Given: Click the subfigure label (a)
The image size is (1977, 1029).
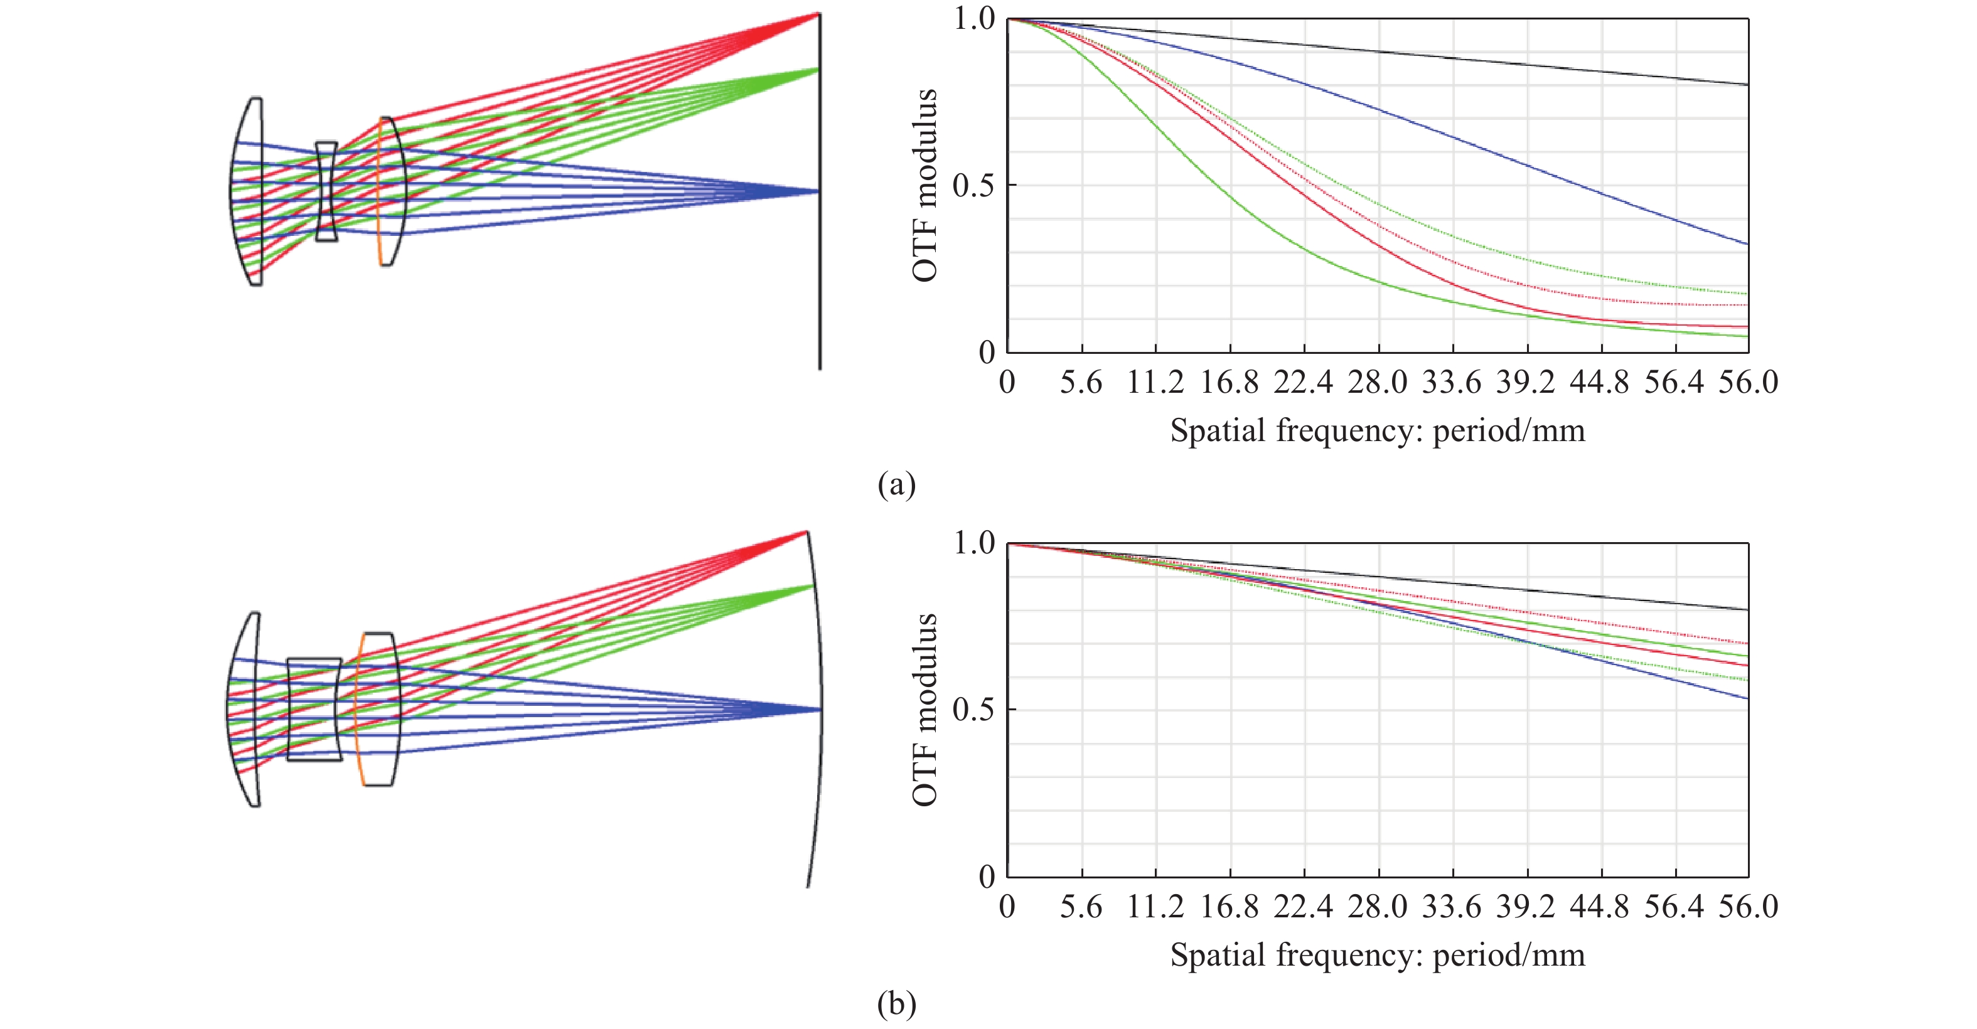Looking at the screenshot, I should (896, 485).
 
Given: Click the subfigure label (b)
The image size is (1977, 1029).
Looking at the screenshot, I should (896, 1004).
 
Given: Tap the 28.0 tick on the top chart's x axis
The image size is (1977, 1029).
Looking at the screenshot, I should (1378, 382).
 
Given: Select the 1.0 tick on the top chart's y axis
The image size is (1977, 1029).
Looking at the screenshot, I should (973, 18).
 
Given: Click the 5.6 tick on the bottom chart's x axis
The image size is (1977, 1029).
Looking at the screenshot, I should (1081, 907).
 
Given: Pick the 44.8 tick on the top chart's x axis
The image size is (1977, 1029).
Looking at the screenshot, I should (1599, 382).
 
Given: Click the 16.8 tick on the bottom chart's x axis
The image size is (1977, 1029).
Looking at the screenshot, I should (1230, 907).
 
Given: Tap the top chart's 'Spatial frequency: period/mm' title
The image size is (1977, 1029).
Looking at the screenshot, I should (1378, 430).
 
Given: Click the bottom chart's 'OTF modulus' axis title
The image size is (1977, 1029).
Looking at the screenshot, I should (926, 710).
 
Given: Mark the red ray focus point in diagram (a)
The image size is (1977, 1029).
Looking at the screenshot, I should (818, 14).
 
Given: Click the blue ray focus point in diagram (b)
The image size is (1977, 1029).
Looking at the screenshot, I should (820, 709).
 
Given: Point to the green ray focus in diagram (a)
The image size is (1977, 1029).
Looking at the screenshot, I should (818, 69).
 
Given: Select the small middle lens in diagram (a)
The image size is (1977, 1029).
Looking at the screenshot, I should (326, 192).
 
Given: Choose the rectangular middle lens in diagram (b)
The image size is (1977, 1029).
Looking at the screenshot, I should (314, 709).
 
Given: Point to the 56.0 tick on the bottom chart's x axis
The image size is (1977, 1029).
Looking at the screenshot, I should (1747, 907).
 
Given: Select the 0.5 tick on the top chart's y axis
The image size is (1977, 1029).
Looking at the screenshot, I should (973, 186).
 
